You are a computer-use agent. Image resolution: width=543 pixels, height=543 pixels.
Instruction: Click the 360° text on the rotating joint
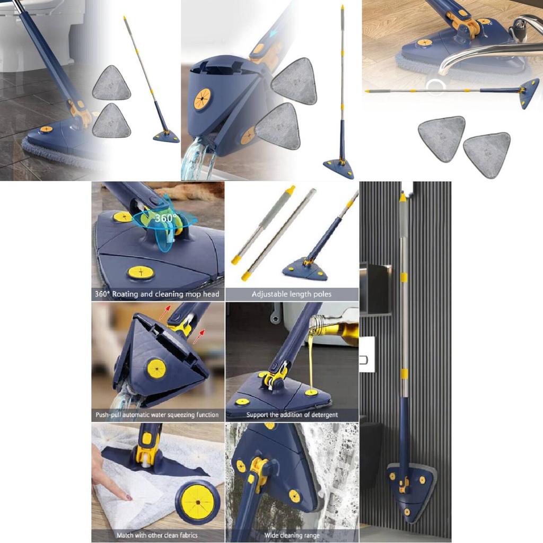pos(166,218)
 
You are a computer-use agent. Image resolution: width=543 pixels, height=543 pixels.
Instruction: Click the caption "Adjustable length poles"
pos(292,294)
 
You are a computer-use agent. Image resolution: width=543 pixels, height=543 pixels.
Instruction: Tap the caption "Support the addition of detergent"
pos(292,415)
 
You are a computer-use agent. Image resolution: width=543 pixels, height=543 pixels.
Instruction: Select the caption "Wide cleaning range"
pos(292,536)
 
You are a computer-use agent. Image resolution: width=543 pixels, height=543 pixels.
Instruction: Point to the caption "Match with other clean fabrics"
pos(157,536)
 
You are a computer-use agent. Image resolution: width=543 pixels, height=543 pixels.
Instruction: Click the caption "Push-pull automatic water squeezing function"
pos(157,415)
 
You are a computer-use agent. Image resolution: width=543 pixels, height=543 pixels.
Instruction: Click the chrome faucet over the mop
pos(485,52)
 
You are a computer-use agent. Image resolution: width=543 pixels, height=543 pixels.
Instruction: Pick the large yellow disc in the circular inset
pos(198,502)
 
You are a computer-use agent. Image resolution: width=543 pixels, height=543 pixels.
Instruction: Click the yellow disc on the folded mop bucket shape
pos(202,99)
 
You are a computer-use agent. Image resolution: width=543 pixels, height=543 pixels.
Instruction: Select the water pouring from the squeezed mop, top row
pos(196,159)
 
